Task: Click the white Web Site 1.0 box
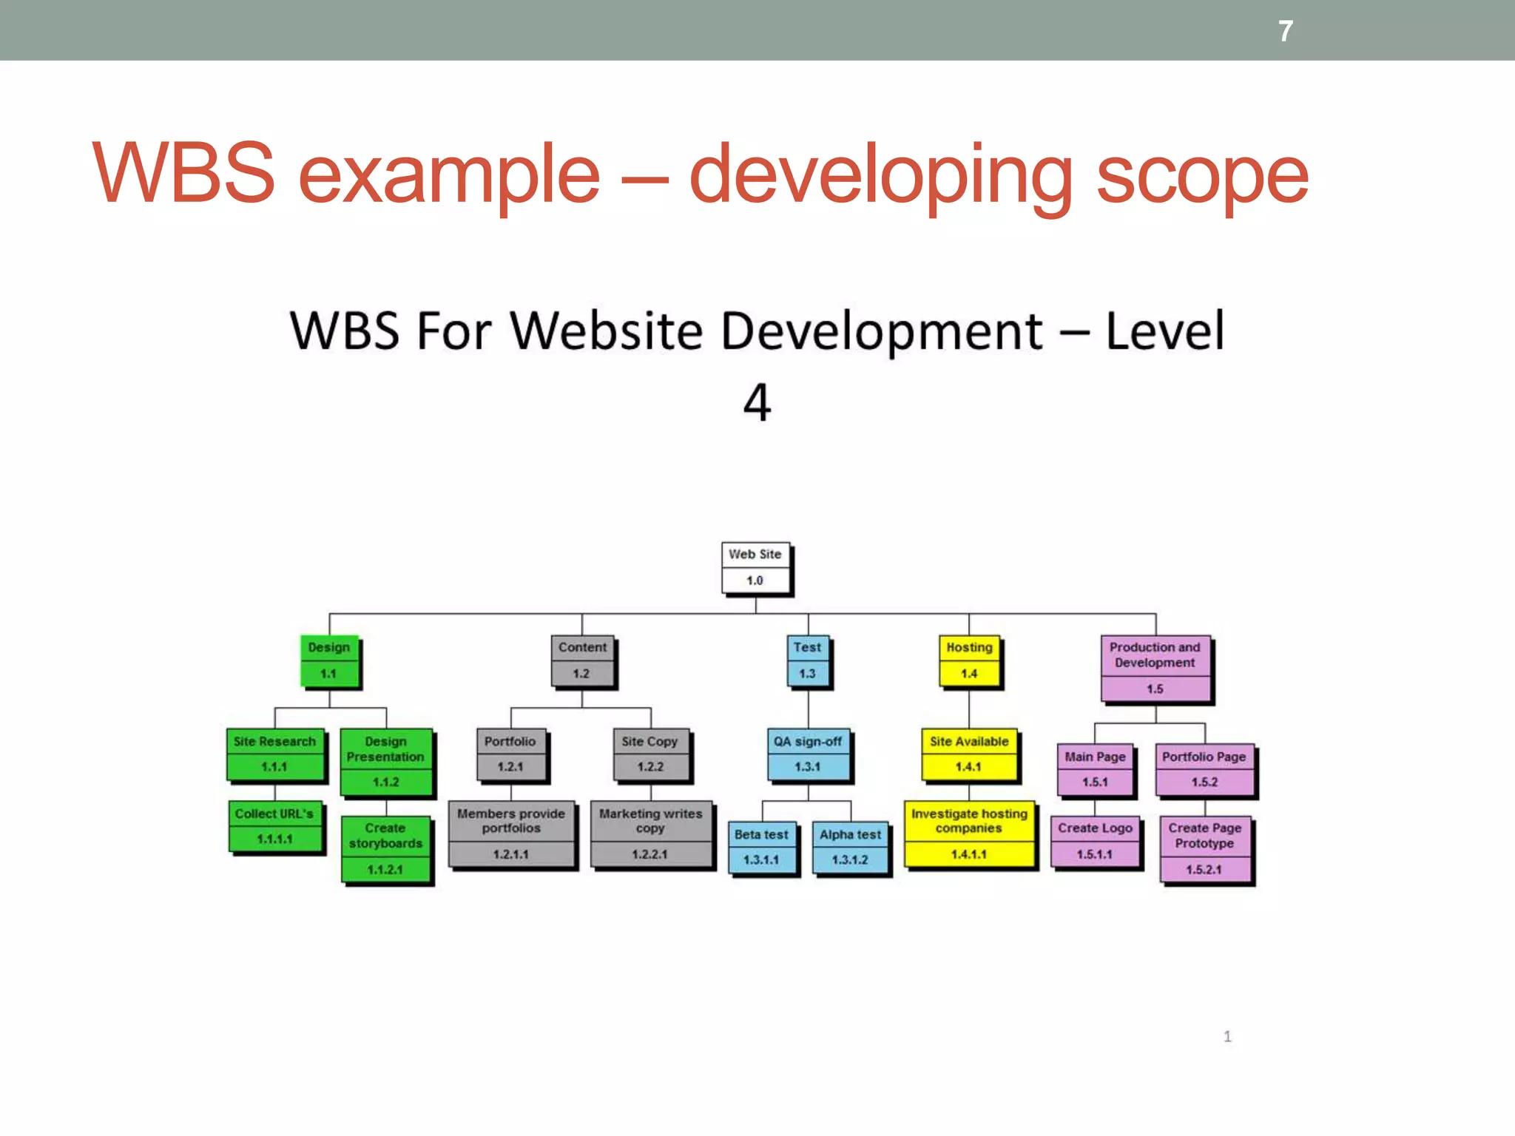(x=755, y=568)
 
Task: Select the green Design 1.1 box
(x=329, y=660)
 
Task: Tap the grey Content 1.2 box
(x=582, y=660)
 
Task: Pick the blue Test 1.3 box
(x=807, y=660)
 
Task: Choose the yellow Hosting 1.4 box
(x=969, y=660)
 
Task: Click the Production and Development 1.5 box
(x=1155, y=668)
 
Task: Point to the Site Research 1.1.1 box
(x=274, y=754)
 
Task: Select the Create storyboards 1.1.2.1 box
(x=385, y=849)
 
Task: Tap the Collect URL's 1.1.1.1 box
(x=274, y=826)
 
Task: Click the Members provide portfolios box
(x=511, y=834)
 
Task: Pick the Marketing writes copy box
(x=651, y=834)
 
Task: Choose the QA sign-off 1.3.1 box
(x=808, y=754)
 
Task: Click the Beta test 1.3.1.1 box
(x=762, y=848)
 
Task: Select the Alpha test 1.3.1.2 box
(x=850, y=848)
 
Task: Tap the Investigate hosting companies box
(x=969, y=834)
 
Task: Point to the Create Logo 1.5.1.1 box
(x=1095, y=842)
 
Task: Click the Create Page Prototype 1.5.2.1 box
(x=1204, y=849)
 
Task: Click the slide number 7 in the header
(x=1286, y=31)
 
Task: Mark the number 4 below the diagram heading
(x=757, y=403)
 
